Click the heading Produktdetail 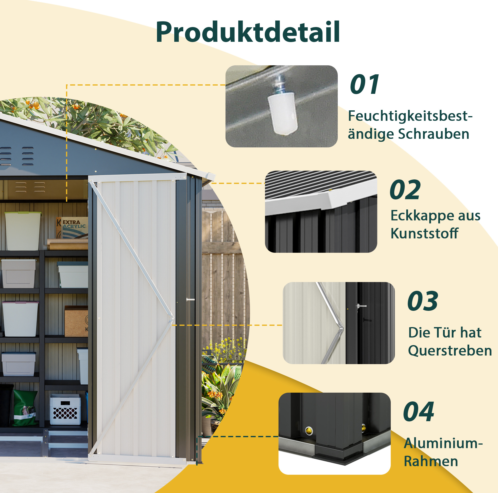[248, 32]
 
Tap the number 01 [364, 84]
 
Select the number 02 [405, 190]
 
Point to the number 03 [423, 301]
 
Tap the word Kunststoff [424, 233]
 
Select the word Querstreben [450, 351]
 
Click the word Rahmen [431, 461]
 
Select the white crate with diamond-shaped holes [65, 409]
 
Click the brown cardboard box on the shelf [76, 321]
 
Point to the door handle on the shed [190, 300]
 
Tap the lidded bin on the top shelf [23, 231]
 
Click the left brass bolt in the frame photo [309, 430]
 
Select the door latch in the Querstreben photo [361, 306]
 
